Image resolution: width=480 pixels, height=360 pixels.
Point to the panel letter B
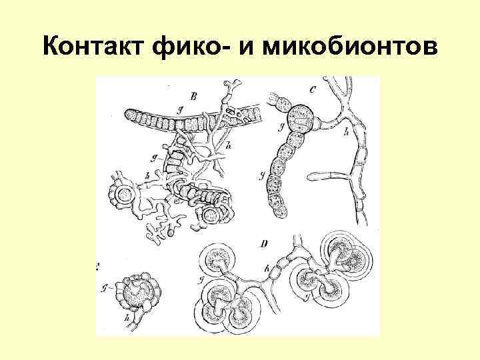tap(193, 97)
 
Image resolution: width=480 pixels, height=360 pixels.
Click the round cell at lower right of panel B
tap(212, 215)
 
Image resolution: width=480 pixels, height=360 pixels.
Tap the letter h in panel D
tap(267, 271)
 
